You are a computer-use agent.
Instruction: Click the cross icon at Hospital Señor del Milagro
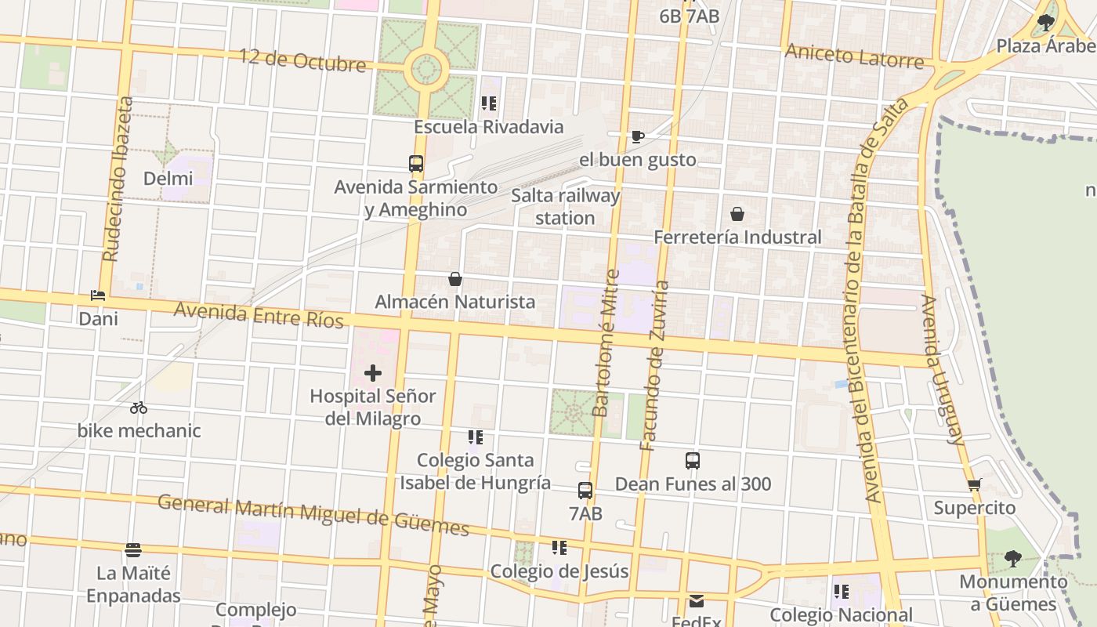coord(373,373)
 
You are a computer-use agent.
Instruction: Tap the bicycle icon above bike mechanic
coord(139,408)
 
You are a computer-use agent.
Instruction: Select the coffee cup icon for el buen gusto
coord(638,137)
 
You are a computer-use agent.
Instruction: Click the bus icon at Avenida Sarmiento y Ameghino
coord(416,164)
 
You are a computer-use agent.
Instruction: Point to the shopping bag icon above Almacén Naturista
coord(454,279)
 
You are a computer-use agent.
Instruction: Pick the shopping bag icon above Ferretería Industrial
coord(737,213)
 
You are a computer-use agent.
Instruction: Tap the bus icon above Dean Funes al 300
coord(693,461)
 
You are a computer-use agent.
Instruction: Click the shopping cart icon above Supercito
coord(975,484)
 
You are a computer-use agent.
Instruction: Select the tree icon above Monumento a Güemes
coord(1012,558)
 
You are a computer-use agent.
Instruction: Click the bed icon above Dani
coord(98,295)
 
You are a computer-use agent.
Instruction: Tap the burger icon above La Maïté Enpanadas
coord(133,550)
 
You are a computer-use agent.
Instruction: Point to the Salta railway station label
coord(565,207)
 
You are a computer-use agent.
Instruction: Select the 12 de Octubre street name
coord(302,60)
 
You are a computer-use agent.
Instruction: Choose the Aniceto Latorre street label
coord(854,56)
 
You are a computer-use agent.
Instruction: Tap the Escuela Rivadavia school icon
coord(490,103)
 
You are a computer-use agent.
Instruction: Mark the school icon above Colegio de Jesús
coord(559,547)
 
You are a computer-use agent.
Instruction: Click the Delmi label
coord(168,179)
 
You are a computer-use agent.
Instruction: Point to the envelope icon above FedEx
coord(697,601)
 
